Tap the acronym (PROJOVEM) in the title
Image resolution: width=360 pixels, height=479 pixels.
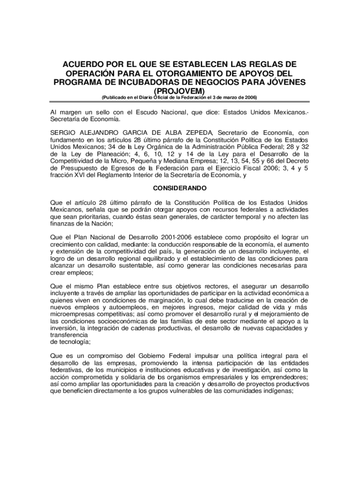(180, 91)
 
